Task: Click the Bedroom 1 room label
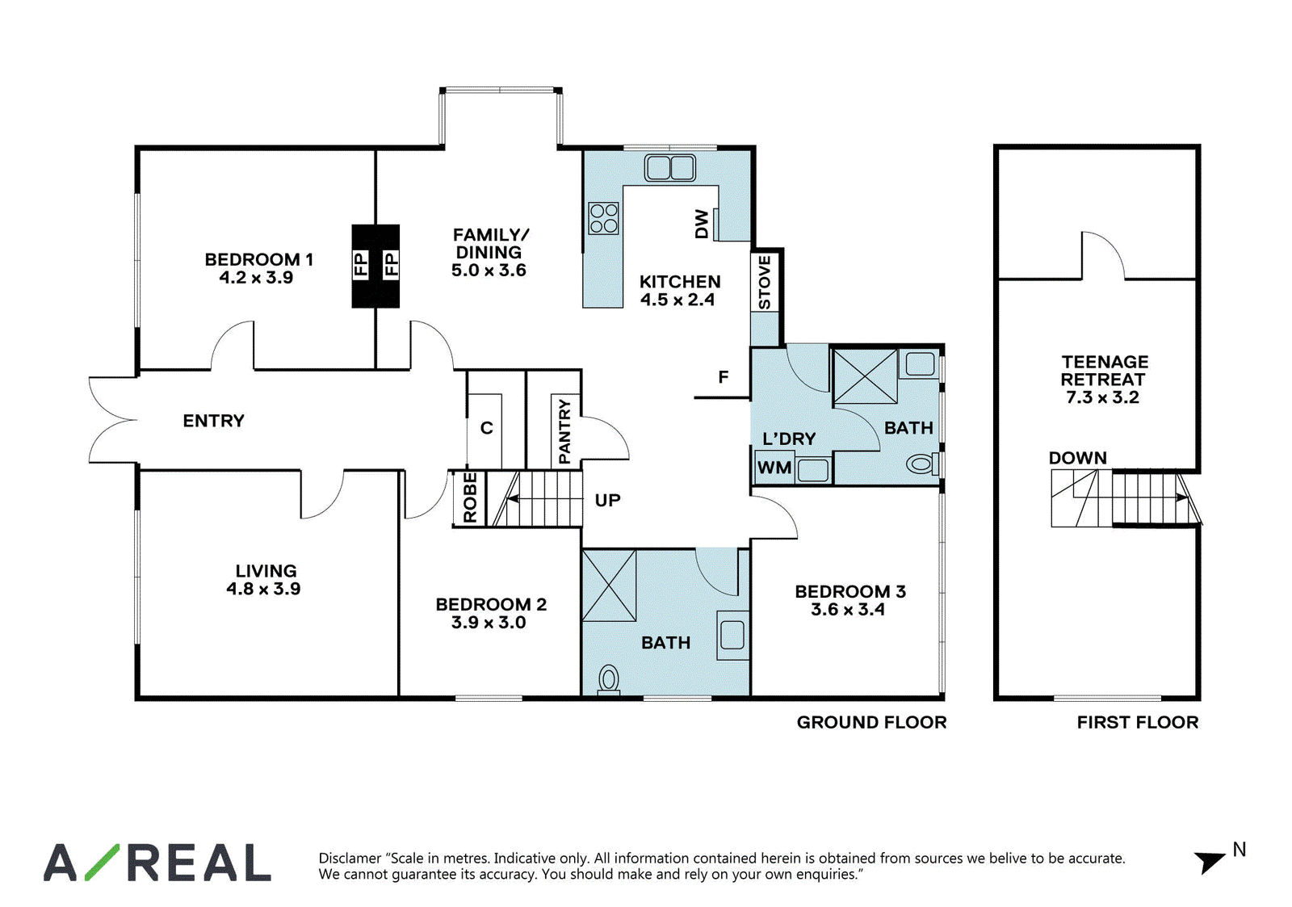pyautogui.click(x=259, y=259)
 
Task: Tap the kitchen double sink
pyautogui.click(x=669, y=168)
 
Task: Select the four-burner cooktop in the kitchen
pyautogui.click(x=603, y=219)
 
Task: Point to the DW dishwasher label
pyautogui.click(x=702, y=224)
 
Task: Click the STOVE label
pyautogui.click(x=765, y=283)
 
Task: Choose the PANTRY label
pyautogui.click(x=564, y=431)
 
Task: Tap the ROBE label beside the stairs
pyautogui.click(x=470, y=498)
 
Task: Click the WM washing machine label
pyautogui.click(x=774, y=468)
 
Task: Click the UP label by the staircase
pyautogui.click(x=607, y=500)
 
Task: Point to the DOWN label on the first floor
pyautogui.click(x=1077, y=458)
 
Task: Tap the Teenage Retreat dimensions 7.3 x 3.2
pyautogui.click(x=1102, y=397)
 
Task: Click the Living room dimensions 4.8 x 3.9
pyautogui.click(x=263, y=589)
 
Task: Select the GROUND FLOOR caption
pyautogui.click(x=871, y=722)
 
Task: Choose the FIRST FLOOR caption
pyautogui.click(x=1138, y=722)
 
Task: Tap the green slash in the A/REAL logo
pyautogui.click(x=102, y=863)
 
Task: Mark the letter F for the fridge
pyautogui.click(x=724, y=377)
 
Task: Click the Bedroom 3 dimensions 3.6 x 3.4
pyautogui.click(x=847, y=610)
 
